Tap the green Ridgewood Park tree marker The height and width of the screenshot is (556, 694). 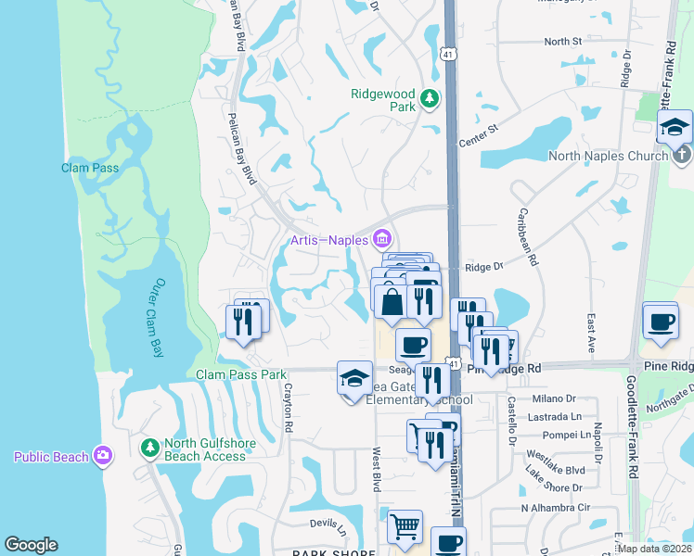pos(429,97)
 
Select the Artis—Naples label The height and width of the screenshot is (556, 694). pos(328,240)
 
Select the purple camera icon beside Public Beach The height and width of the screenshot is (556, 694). pos(103,456)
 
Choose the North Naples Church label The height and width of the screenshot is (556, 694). pos(608,156)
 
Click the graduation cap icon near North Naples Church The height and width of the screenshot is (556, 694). pos(675,126)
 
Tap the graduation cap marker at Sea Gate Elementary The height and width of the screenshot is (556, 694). pos(353,378)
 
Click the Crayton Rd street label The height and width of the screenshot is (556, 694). pos(289,407)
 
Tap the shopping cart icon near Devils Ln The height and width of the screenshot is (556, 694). pos(405,527)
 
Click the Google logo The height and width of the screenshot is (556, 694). pos(31,545)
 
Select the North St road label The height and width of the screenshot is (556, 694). pos(562,42)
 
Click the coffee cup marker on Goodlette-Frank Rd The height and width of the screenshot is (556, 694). pos(660,320)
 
